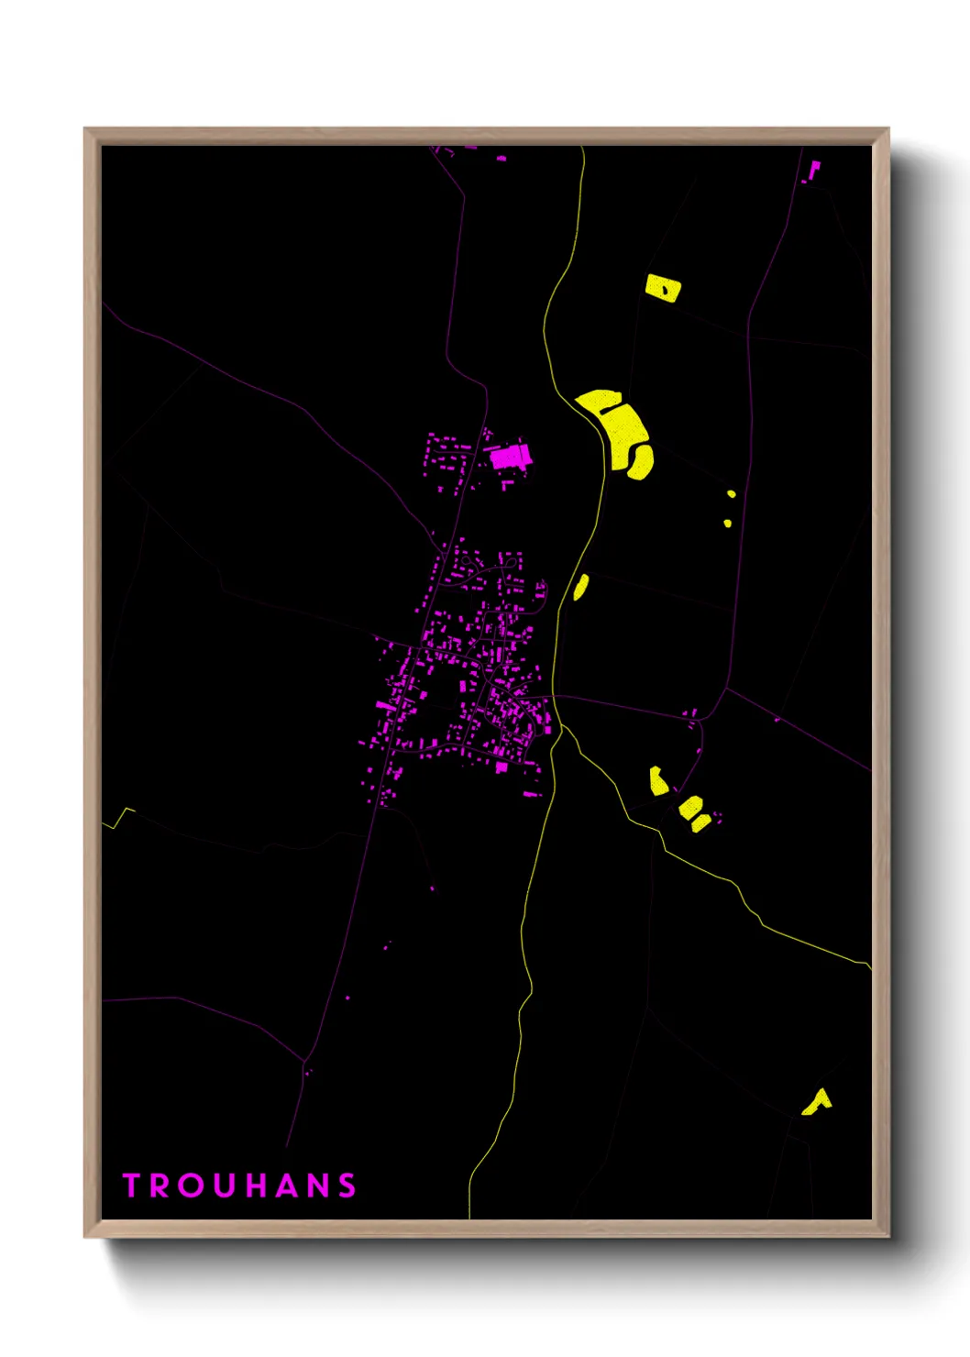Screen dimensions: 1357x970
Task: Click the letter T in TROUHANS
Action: click(x=130, y=1186)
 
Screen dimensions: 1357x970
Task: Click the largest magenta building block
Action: click(x=509, y=457)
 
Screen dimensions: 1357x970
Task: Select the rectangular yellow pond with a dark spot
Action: click(x=662, y=288)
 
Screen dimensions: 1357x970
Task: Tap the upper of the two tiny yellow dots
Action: click(x=731, y=494)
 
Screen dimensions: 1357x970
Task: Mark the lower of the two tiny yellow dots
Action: click(x=727, y=524)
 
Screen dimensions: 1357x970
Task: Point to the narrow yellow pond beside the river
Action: click(x=580, y=587)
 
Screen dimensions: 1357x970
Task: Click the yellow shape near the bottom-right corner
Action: click(x=816, y=1102)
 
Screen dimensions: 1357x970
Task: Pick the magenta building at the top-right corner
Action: click(x=813, y=170)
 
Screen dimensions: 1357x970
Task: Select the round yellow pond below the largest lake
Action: click(x=640, y=461)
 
